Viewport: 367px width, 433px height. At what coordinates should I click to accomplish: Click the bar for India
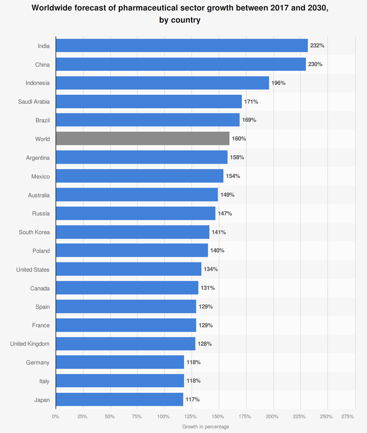coord(182,45)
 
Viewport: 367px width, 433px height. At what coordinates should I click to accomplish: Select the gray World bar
coord(143,139)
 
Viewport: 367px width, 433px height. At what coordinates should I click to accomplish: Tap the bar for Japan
coord(119,400)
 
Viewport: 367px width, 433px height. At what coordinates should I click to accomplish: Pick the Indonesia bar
coord(162,83)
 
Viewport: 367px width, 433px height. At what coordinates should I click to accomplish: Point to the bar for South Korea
coord(132,232)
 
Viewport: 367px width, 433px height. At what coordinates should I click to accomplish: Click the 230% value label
coord(315,65)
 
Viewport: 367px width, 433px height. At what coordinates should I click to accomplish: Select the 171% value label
coord(251,102)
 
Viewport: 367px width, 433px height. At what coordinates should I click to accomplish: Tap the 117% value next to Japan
coord(192,400)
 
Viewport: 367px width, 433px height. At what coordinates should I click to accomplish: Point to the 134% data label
coord(211,269)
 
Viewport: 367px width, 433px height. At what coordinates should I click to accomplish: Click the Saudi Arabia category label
coord(34,102)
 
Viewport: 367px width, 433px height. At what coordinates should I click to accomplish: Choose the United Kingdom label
coord(30,344)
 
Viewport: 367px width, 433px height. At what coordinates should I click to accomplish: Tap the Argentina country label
coord(38,158)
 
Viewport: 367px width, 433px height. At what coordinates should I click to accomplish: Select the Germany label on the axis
coord(38,362)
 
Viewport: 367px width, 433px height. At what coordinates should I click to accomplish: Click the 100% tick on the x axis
coord(163,417)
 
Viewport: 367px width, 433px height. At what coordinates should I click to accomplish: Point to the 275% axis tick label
coord(348,417)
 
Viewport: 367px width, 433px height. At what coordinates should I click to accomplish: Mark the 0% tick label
coord(55,417)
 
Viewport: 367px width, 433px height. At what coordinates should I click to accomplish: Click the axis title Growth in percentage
coord(206,427)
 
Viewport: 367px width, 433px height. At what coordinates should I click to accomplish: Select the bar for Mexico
coord(140,176)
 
